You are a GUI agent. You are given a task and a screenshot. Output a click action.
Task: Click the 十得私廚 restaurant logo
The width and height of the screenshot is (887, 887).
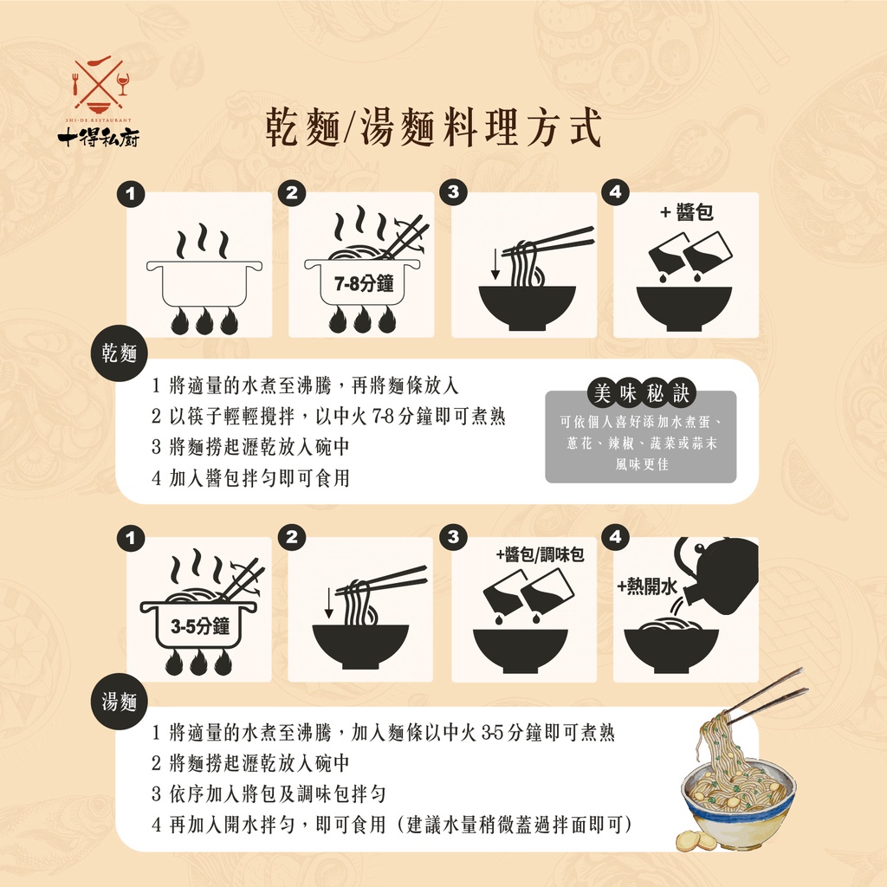pos(99,102)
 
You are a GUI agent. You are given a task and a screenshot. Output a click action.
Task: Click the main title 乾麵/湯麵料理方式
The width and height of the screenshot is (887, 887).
pos(433,128)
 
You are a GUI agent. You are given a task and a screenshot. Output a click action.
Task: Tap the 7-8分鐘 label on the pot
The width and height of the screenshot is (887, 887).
pos(364,283)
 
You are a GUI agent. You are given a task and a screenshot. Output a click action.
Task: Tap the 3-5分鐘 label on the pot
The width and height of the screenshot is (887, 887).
pos(200,626)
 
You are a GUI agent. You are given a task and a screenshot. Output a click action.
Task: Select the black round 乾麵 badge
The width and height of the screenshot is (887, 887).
pos(120,353)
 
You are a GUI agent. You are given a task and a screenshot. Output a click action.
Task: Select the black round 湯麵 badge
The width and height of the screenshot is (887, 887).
pos(120,702)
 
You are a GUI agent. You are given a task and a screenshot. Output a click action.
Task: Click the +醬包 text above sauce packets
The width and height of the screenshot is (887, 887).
pos(687,213)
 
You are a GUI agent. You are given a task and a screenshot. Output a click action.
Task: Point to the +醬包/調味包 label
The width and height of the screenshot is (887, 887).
pos(541,555)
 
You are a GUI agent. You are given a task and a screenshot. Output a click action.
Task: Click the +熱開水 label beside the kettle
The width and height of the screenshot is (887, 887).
pos(646,586)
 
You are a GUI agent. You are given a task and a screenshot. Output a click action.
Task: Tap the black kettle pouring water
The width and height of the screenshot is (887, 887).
pos(718,574)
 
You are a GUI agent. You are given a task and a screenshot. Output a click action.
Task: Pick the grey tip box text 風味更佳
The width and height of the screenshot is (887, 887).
pos(642,464)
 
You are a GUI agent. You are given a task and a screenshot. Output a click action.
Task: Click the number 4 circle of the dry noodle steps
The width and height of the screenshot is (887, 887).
pos(616,193)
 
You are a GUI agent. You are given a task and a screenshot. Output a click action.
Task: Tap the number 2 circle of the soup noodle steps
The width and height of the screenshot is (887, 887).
pos(292,537)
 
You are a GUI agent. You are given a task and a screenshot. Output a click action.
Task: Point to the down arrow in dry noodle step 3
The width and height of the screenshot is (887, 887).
pos(495,263)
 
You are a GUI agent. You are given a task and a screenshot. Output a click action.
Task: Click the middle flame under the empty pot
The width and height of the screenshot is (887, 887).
pos(204,321)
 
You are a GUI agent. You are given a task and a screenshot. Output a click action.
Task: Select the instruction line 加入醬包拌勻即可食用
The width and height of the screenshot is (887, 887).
pos(250,478)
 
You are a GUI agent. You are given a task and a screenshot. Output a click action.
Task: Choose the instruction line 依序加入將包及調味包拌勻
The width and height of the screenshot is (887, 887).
pos(269,793)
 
